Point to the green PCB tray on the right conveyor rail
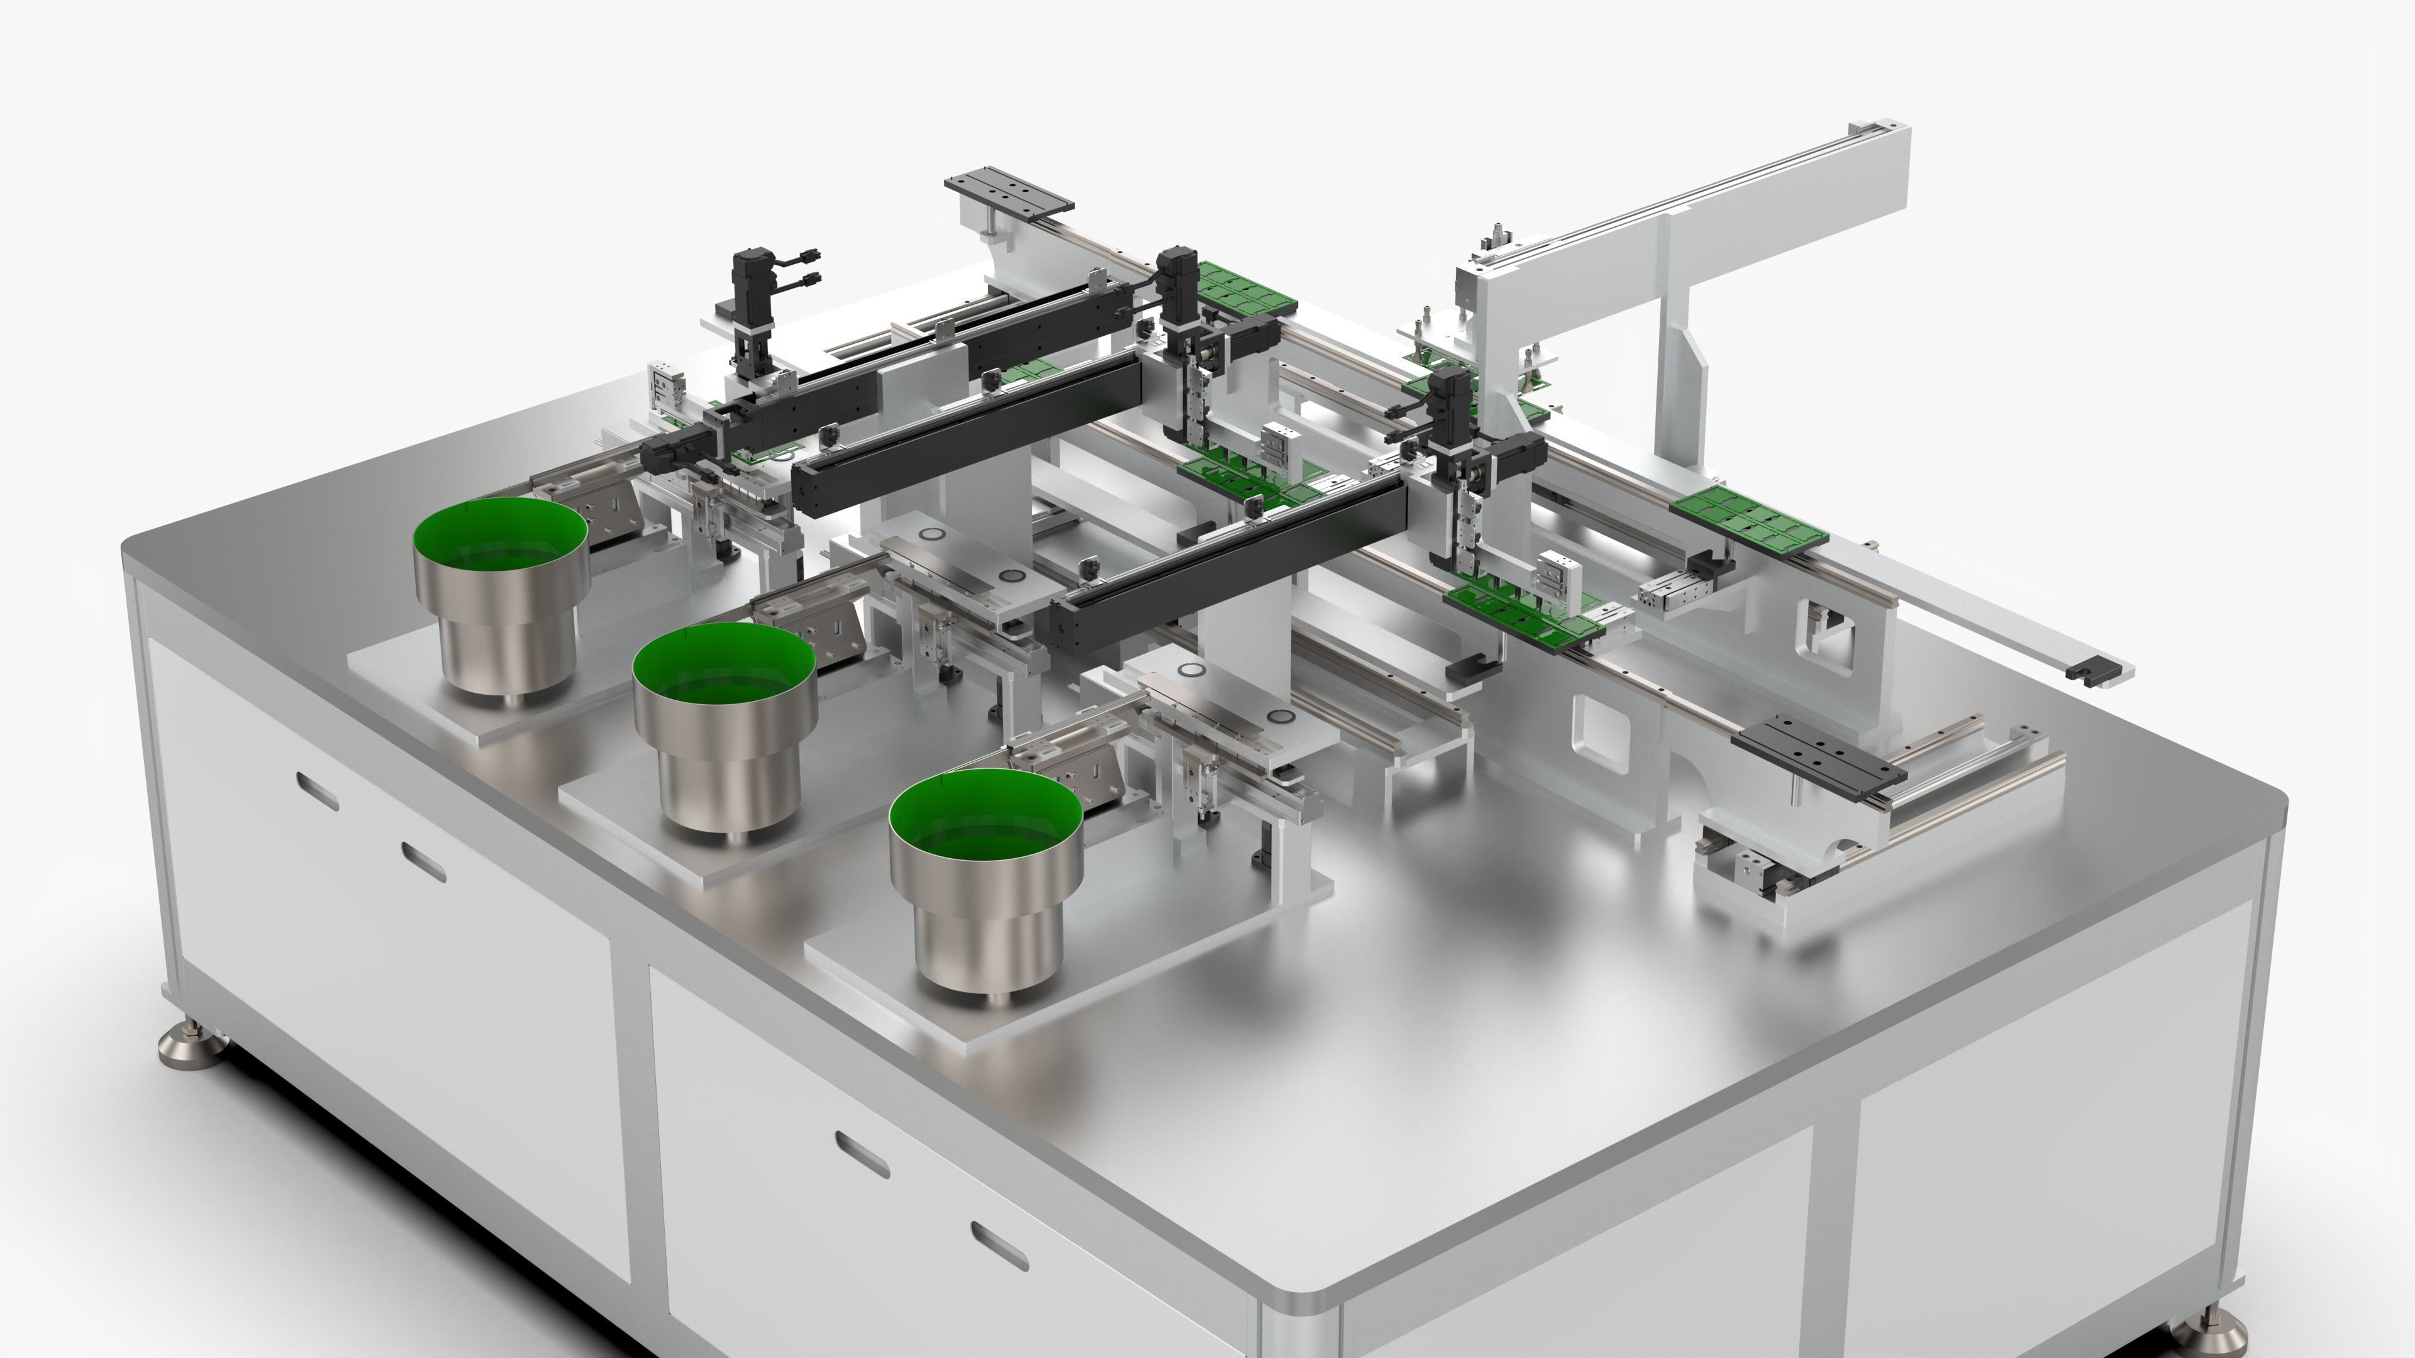(x=1748, y=516)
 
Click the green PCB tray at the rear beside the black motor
(x=1247, y=286)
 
